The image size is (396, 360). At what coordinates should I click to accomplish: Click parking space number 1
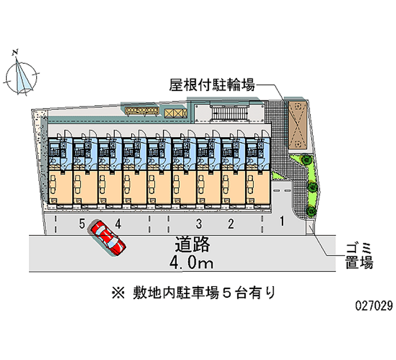tap(282, 221)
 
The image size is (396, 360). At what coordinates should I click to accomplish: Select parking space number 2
tap(231, 224)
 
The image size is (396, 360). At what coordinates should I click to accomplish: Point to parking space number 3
tap(198, 224)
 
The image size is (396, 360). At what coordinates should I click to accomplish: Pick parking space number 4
tap(118, 224)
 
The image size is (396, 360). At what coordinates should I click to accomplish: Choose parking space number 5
tap(82, 224)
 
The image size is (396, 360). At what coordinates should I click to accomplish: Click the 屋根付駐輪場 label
tap(212, 86)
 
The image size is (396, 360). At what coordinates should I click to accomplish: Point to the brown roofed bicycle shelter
tap(298, 124)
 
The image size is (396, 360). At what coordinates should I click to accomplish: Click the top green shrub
tap(306, 160)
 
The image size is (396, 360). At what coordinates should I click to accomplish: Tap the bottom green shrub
tap(312, 211)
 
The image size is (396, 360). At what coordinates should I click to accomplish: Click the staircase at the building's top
tap(228, 113)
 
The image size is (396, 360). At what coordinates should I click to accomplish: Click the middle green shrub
tap(312, 187)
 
